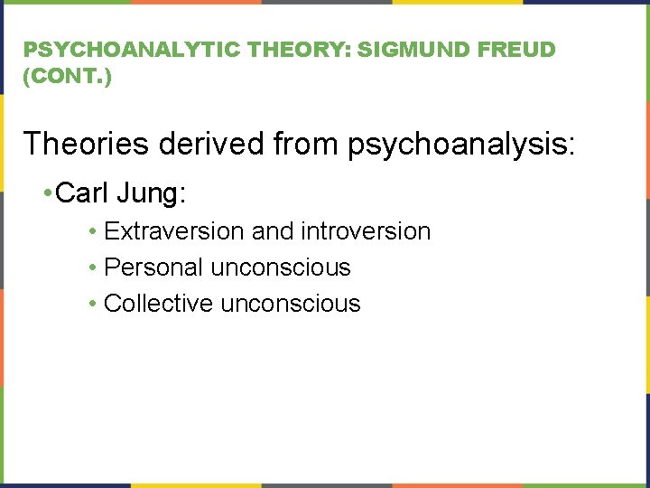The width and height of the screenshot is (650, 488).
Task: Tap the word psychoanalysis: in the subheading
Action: pos(460,143)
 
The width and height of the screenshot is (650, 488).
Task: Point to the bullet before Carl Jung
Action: pos(48,192)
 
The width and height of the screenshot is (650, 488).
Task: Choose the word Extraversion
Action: pos(175,231)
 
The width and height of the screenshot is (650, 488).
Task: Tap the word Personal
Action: pos(154,267)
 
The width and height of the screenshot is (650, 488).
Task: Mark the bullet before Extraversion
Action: pos(94,232)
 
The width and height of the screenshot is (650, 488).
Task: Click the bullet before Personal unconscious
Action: pos(94,268)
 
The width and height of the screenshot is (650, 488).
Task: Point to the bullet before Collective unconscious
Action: pos(94,305)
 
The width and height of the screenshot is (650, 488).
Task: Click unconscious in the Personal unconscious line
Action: pos(280,267)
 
